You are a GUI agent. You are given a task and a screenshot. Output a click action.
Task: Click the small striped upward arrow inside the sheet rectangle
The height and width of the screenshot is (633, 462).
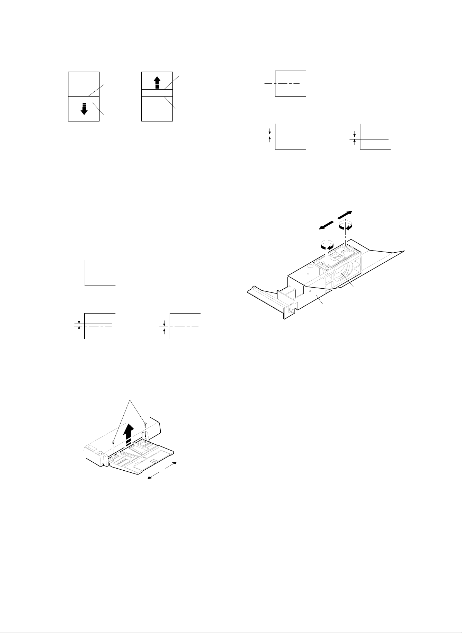tap(157, 82)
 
